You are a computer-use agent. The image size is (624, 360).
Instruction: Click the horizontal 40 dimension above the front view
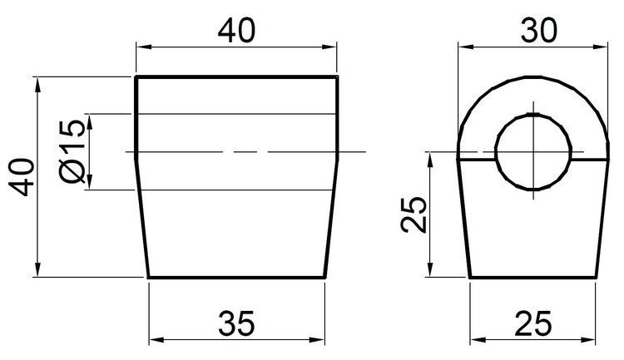click(236, 31)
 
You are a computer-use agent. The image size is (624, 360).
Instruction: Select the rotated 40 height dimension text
click(25, 177)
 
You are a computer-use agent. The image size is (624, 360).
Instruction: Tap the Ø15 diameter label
click(72, 151)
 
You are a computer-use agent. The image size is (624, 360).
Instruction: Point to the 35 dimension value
click(236, 321)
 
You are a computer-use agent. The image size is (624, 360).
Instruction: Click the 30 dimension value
click(532, 31)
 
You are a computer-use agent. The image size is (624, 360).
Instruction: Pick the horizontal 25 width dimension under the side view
click(532, 321)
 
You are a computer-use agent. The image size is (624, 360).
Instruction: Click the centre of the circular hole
click(532, 152)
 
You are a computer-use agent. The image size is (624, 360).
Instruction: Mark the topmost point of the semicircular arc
click(532, 77)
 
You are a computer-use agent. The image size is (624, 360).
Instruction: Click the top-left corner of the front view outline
click(136, 77)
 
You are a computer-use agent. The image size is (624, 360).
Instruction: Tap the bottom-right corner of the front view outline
click(324, 277)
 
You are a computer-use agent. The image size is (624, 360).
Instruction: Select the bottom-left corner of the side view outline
click(470, 277)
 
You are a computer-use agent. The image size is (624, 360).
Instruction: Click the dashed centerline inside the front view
click(236, 152)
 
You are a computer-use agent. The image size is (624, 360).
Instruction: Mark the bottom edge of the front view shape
click(236, 277)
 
